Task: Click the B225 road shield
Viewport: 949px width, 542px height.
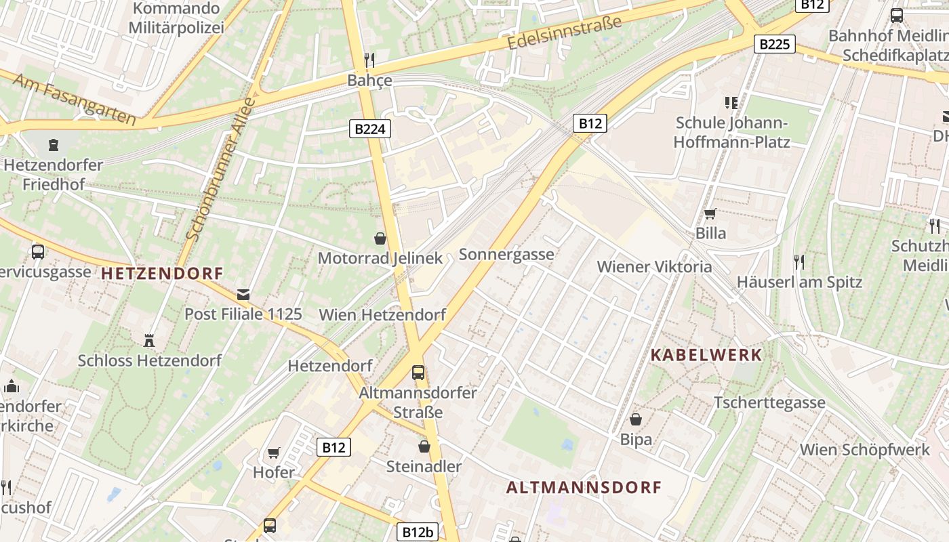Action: click(774, 44)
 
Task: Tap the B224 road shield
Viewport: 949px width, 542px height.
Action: click(370, 128)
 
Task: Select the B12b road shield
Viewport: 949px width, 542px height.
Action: click(418, 532)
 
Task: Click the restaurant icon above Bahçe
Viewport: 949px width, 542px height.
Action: click(369, 60)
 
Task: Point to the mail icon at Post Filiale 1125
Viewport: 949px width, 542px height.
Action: click(243, 294)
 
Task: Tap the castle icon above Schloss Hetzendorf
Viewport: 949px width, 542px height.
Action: click(149, 340)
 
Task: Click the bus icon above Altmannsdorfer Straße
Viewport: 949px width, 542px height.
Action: click(418, 372)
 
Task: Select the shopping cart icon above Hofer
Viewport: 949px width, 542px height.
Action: click(274, 453)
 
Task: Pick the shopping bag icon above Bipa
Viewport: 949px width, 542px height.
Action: click(636, 419)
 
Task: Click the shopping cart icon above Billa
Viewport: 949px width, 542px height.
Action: click(710, 213)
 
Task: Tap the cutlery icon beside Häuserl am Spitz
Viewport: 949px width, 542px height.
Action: click(799, 262)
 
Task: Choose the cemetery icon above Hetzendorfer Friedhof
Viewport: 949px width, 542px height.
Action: click(53, 144)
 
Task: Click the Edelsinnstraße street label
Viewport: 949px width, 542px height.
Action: click(564, 33)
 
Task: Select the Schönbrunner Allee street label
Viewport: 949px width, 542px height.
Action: click(220, 169)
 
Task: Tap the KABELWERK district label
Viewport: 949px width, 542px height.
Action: click(706, 354)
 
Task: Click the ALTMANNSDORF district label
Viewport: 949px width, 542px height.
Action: click(584, 487)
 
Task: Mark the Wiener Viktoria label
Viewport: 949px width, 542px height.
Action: click(654, 266)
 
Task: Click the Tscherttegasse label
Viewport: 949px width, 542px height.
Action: click(769, 402)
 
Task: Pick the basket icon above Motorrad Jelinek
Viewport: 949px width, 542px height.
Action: click(380, 238)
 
